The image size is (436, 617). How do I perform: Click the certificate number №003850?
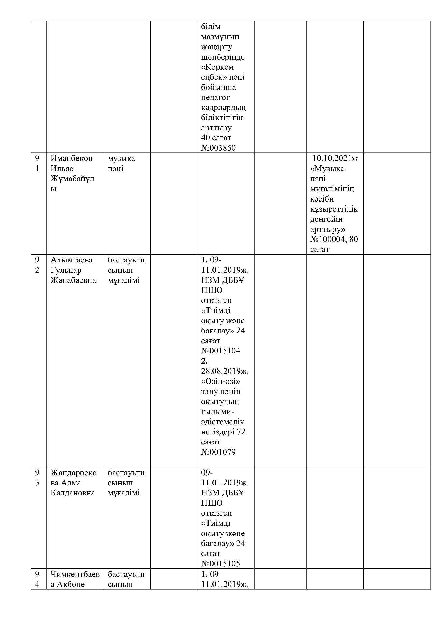point(218,148)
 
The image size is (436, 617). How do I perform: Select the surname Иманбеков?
point(71,158)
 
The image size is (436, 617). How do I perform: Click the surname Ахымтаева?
point(71,260)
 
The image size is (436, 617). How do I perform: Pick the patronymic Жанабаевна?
point(73,280)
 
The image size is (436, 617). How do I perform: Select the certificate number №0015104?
point(221,351)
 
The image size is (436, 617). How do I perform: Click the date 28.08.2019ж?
point(225,371)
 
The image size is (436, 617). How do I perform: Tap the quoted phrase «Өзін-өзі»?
point(220,381)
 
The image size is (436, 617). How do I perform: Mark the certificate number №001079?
point(218,452)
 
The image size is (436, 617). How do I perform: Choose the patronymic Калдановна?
point(73,493)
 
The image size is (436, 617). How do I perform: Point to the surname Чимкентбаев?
point(75,574)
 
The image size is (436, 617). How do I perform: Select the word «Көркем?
point(217,67)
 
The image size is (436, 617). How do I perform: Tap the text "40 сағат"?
point(216,138)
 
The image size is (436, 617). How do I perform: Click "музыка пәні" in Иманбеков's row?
point(121,163)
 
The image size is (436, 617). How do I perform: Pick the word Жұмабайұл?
point(72,179)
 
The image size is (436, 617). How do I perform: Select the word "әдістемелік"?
point(222,422)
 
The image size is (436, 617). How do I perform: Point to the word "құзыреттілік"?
point(334,209)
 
